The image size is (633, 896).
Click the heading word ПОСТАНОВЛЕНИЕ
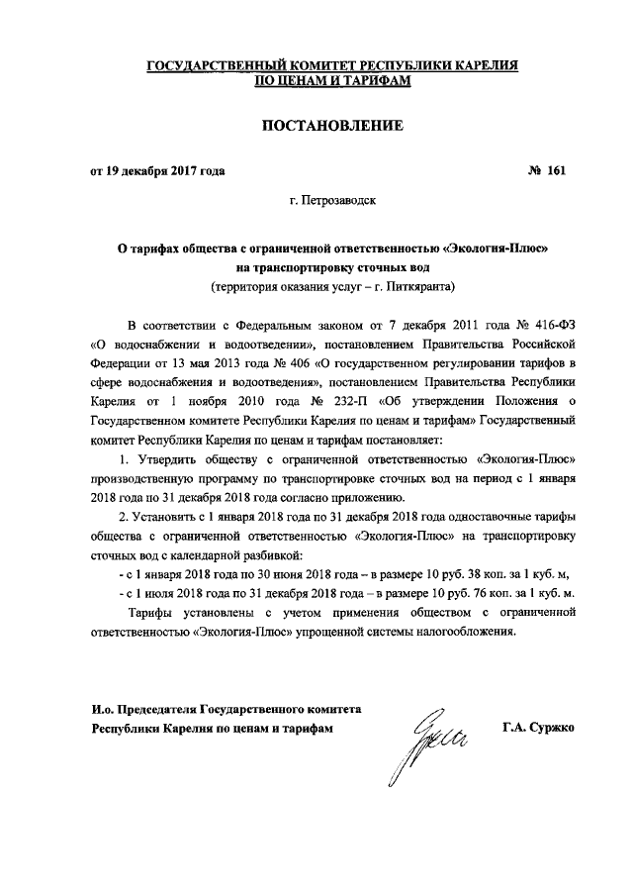click(316, 126)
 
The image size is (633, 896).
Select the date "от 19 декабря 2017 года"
click(157, 170)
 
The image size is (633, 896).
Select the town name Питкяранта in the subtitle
click(419, 286)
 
